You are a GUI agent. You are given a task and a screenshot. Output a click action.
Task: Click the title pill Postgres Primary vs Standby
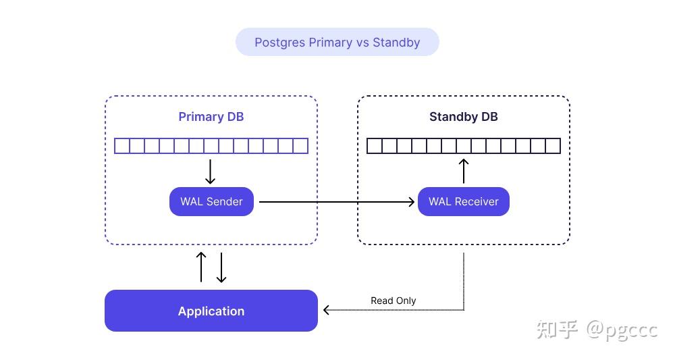[337, 42]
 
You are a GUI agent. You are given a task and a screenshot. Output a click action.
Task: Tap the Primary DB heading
[211, 117]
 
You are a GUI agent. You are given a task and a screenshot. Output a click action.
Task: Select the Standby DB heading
[463, 117]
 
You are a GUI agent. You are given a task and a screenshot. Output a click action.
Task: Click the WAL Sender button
[211, 201]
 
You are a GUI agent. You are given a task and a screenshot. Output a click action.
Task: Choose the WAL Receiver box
[463, 201]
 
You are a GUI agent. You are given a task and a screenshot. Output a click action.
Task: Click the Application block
[211, 311]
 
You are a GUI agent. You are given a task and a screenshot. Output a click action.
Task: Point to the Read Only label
[393, 301]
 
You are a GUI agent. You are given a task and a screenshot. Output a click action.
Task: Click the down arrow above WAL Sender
[210, 172]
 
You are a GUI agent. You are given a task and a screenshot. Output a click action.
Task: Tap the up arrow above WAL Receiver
[464, 171]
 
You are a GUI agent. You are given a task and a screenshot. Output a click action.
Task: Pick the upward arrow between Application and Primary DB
[200, 267]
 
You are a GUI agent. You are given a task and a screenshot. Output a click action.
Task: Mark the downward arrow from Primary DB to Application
[221, 267]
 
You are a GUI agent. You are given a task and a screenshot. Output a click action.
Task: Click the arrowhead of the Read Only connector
[327, 310]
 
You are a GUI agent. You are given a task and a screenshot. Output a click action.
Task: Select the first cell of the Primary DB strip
[122, 146]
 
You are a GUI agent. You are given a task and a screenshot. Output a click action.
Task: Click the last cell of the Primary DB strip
[300, 146]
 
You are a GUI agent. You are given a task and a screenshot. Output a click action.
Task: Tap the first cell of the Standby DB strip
[374, 146]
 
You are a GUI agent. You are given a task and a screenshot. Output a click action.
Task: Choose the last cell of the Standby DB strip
[553, 146]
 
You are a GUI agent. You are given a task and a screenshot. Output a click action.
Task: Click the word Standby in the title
[396, 42]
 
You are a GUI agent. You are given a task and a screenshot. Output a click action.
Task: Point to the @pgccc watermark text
[621, 330]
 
